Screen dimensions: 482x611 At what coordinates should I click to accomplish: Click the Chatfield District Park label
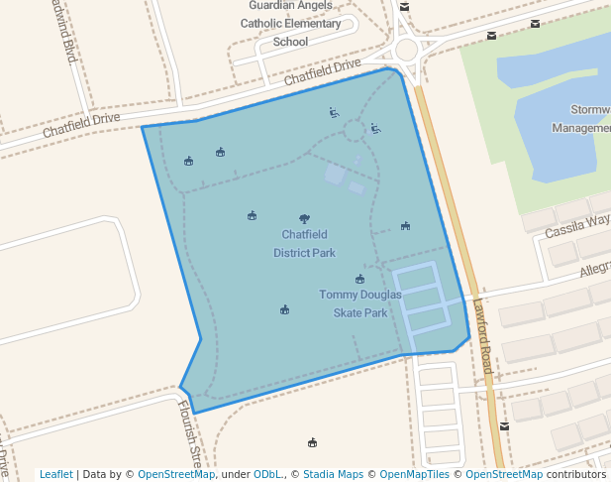tap(308, 244)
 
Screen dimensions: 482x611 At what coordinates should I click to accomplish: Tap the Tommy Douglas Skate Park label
tap(360, 303)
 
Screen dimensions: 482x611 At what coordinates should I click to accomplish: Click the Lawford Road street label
tap(482, 337)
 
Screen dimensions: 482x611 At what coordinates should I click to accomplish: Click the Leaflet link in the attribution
tap(55, 474)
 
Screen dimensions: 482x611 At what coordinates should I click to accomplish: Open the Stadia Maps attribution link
tap(333, 474)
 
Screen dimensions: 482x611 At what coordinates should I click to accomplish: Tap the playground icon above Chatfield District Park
tap(304, 218)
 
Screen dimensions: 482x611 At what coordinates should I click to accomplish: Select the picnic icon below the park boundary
tap(313, 442)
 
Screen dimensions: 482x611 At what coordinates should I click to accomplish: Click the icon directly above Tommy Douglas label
tap(359, 280)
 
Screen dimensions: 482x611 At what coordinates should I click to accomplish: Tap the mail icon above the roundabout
tap(404, 7)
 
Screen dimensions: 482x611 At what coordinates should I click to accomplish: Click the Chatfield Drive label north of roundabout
tap(323, 71)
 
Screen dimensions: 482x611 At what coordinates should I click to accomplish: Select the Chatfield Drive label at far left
tap(80, 124)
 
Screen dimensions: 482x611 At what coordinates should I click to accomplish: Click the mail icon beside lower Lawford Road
tap(505, 426)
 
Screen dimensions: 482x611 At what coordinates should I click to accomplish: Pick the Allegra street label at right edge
tap(594, 269)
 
